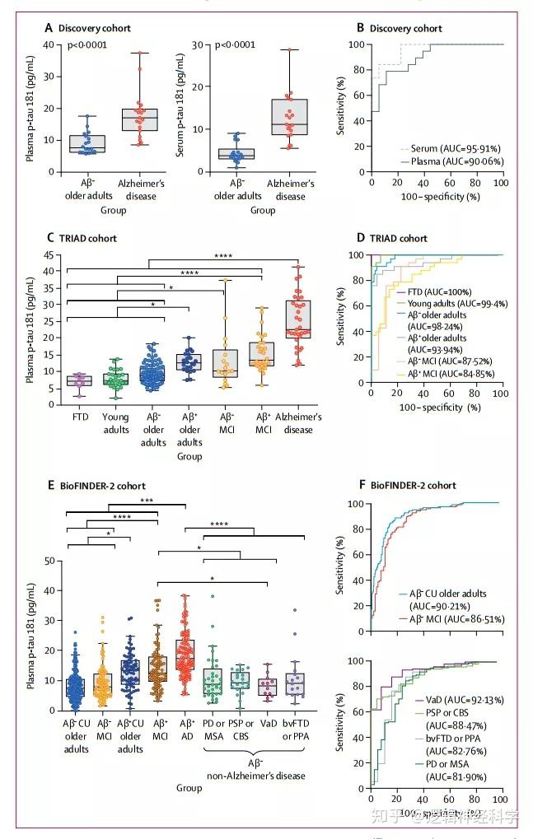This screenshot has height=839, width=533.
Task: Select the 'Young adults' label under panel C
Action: (115, 423)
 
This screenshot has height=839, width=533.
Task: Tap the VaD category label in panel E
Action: (265, 724)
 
